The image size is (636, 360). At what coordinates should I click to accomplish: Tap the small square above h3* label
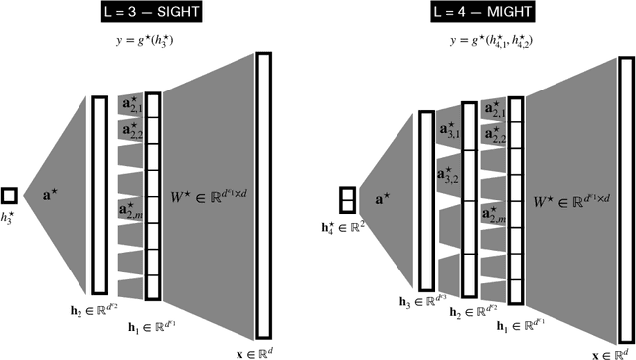coord(9,196)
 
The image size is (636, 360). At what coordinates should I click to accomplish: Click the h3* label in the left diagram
coord(10,218)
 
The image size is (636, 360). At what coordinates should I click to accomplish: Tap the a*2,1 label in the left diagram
coord(131,106)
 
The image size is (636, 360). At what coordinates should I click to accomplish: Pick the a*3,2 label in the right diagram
coord(447,176)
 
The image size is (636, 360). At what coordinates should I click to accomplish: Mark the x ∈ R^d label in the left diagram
coord(262,351)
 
